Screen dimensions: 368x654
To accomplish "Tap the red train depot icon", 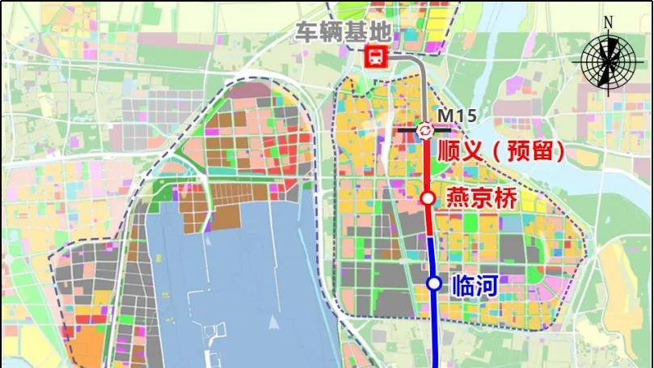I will point(377,57).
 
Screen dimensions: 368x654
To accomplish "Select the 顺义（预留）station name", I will point(500,151).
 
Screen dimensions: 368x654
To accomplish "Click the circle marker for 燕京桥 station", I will point(428,198).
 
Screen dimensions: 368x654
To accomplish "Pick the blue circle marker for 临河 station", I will point(434,283).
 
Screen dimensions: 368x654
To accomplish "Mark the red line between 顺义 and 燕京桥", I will point(426,166).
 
